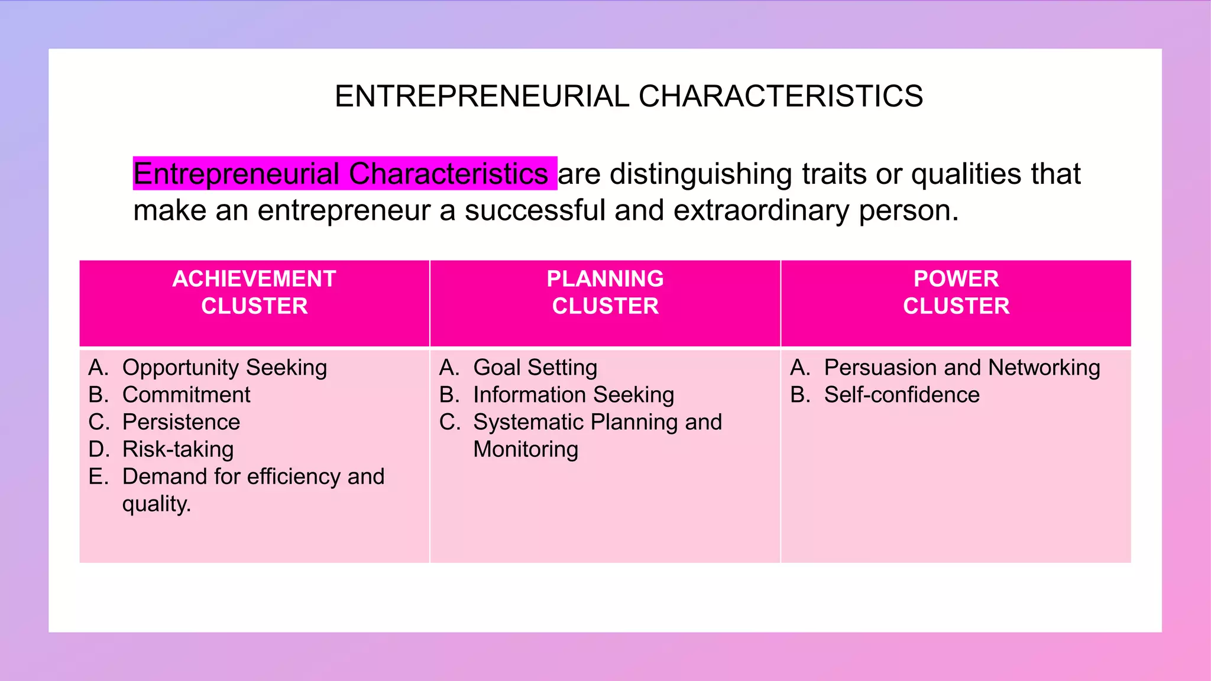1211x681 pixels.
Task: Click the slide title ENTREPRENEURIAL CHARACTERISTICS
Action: [629, 96]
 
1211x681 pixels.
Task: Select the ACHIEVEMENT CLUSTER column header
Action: [254, 293]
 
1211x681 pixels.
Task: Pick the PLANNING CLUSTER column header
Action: [605, 293]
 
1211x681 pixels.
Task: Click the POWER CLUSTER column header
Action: [956, 293]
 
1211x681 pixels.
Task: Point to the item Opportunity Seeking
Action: [224, 368]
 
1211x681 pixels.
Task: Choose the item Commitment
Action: [186, 395]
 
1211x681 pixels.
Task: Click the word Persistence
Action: [181, 422]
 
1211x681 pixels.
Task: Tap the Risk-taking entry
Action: [178, 449]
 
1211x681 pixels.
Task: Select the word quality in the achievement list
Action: [155, 504]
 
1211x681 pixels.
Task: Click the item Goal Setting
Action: [535, 368]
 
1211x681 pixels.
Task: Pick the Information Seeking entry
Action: [574, 395]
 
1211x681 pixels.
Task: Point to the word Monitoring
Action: [526, 449]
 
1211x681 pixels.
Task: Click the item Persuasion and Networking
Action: [962, 368]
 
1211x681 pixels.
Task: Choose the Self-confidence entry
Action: [902, 395]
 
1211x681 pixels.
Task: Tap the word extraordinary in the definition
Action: [761, 210]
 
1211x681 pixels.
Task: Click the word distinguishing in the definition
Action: [701, 174]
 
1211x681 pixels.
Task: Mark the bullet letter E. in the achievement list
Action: [99, 476]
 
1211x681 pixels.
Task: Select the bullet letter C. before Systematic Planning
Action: [450, 422]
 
